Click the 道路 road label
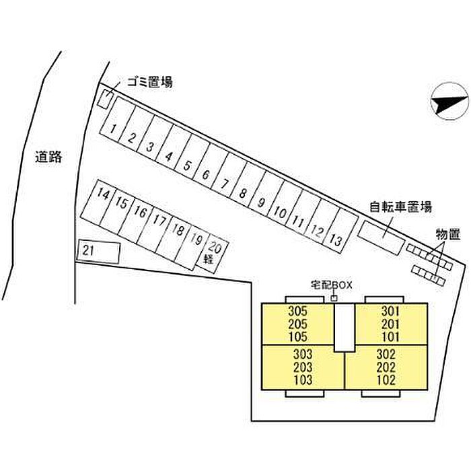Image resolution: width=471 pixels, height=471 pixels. (x=48, y=157)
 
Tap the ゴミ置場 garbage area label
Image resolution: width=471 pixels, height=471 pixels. (x=150, y=81)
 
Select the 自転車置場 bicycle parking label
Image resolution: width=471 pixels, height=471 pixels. (x=400, y=207)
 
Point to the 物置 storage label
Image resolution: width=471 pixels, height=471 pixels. (x=448, y=235)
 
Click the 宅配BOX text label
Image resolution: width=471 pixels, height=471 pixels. (x=331, y=285)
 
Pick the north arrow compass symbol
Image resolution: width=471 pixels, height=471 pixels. (x=449, y=101)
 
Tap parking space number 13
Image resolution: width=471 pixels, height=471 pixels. (x=340, y=231)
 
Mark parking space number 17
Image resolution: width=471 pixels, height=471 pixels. (x=155, y=230)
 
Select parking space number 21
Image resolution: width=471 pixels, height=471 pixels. (x=98, y=252)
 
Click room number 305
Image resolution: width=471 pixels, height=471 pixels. (x=297, y=311)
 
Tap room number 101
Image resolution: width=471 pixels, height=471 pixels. (x=390, y=337)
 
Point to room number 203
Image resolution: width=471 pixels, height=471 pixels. (x=303, y=367)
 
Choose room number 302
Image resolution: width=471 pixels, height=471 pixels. (x=386, y=355)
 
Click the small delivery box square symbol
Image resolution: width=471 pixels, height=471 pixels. (x=334, y=298)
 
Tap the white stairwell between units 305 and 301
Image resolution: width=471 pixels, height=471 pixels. (x=345, y=327)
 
